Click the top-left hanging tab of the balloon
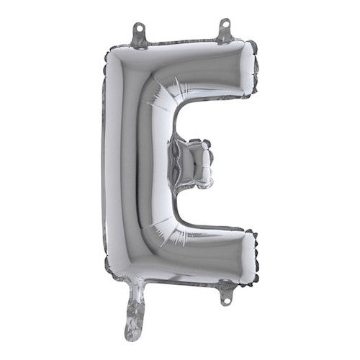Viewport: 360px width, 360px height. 138,32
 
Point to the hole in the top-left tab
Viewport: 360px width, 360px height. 138,29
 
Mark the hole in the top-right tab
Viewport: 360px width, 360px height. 225,26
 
